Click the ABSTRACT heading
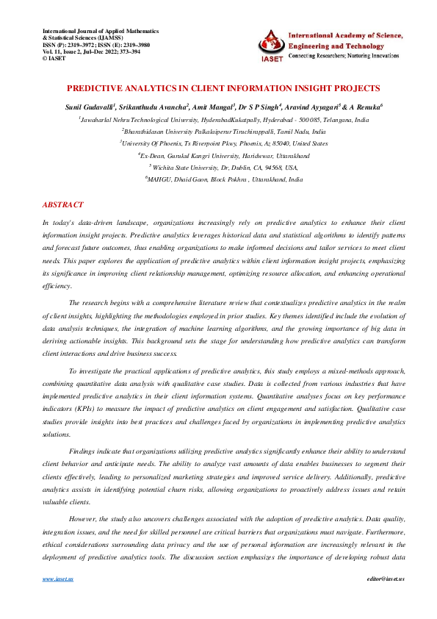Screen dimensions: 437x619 [x=63, y=204]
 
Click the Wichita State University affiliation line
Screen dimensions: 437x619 [x=218, y=168]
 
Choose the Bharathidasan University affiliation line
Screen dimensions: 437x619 [x=218, y=132]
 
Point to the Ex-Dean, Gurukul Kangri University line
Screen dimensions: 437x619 [x=218, y=156]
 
